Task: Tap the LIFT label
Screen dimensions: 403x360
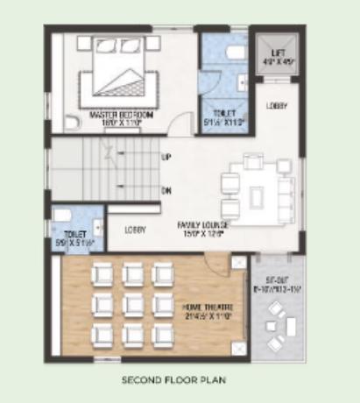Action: click(278, 54)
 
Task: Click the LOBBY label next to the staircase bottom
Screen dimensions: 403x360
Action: click(134, 230)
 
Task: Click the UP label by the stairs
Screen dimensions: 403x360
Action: click(166, 158)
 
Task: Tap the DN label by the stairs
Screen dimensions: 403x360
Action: click(166, 189)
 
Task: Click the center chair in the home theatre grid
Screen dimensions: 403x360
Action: click(133, 303)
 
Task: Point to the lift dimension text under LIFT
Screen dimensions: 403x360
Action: click(278, 63)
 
